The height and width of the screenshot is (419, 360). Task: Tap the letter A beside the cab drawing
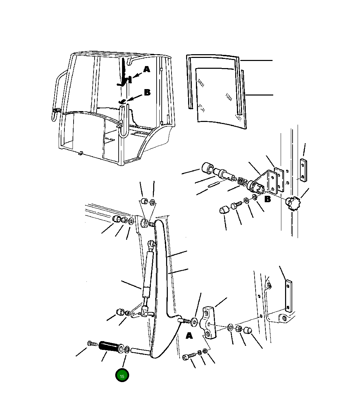[147, 69]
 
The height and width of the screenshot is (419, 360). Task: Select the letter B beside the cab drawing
[147, 92]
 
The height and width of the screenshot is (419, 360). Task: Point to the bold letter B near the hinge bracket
[267, 199]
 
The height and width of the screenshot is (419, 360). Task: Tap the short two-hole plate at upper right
[303, 170]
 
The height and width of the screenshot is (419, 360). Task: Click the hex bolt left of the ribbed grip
[93, 343]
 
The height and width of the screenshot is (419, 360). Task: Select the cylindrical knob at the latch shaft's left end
[207, 168]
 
